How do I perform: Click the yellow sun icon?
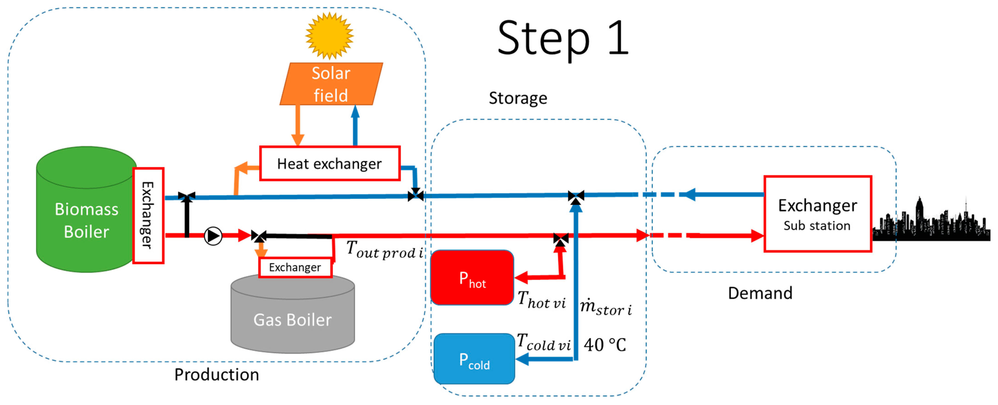tap(329, 36)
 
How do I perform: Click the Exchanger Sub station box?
tap(817, 214)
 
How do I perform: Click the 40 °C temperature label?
tap(604, 345)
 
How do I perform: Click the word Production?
tap(216, 374)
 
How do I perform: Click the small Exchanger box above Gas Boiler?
tap(295, 267)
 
